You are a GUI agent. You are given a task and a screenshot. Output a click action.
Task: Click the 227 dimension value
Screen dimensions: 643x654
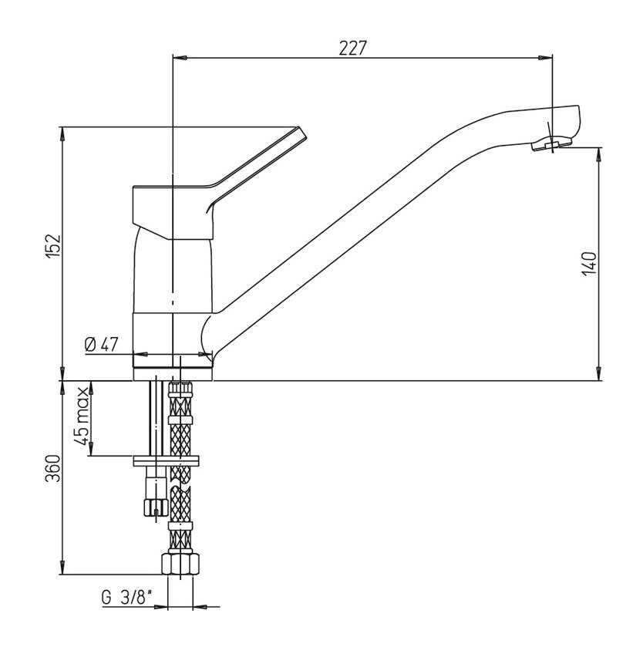tap(352, 48)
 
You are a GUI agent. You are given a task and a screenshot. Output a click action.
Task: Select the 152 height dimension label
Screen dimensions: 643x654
tap(53, 246)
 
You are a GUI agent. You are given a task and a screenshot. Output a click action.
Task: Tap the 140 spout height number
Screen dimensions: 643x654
tap(590, 263)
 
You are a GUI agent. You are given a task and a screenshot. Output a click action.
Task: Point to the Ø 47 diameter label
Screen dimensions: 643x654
tap(101, 345)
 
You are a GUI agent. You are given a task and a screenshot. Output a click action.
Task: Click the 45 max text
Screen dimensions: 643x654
tap(82, 416)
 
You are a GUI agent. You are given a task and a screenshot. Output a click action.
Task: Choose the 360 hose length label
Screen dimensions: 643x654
tap(53, 468)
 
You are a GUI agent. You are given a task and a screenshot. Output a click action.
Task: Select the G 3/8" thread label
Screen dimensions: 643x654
tap(126, 598)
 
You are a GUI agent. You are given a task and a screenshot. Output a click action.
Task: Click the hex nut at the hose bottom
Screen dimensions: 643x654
tap(180, 564)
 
